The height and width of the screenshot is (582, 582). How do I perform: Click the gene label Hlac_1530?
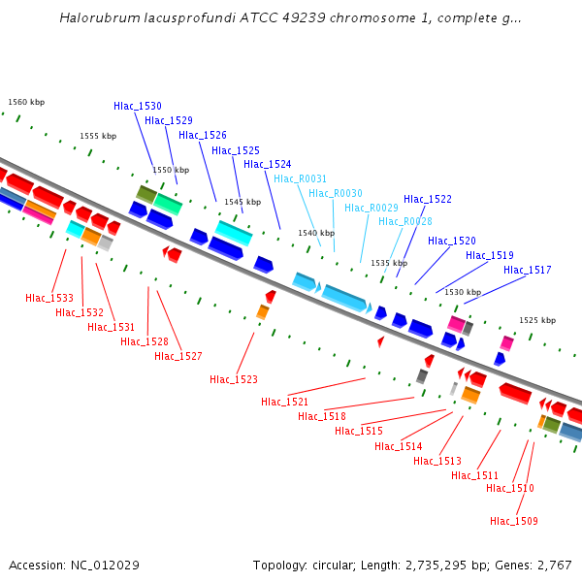(x=138, y=106)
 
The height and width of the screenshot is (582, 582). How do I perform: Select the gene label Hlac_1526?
(x=203, y=135)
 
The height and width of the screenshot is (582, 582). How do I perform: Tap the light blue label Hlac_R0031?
(x=301, y=178)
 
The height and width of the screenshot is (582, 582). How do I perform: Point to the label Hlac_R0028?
(x=405, y=222)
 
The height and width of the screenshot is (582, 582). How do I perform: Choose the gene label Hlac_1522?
(x=428, y=199)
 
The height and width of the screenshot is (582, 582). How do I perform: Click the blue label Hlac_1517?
(x=528, y=270)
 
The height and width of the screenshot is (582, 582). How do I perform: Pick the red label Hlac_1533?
(x=49, y=298)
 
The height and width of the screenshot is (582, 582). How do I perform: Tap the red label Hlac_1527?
(x=178, y=356)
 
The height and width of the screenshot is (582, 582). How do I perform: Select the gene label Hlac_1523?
(x=234, y=379)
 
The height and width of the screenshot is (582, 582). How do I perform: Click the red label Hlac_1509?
(x=514, y=521)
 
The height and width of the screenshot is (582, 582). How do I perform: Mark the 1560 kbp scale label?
(x=26, y=102)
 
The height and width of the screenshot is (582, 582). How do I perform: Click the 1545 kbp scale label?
(x=242, y=202)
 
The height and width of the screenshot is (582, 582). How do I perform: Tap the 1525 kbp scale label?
(x=537, y=320)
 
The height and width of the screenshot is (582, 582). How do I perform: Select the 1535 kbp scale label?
(x=389, y=263)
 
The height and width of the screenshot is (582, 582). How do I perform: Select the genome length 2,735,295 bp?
(x=447, y=565)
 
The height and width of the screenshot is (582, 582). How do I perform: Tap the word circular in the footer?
(x=342, y=565)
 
